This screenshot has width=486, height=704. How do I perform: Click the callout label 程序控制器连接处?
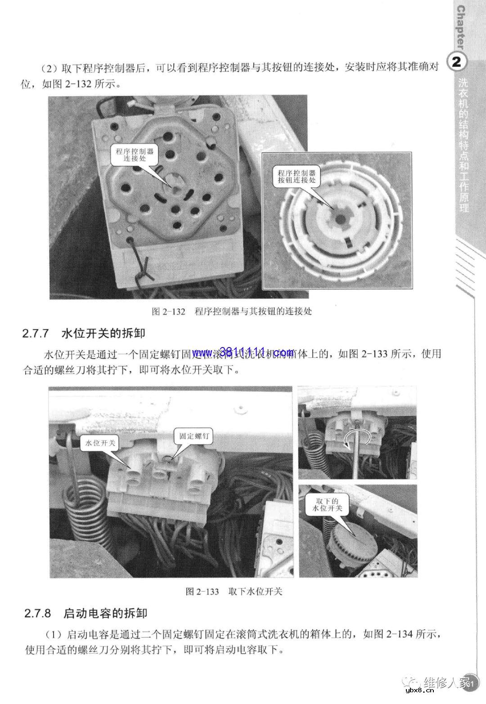(135, 155)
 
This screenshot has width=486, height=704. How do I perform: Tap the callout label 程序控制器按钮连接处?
(297, 176)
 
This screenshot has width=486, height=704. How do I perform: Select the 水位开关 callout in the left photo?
(100, 443)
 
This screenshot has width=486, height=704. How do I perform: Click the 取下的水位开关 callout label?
(327, 505)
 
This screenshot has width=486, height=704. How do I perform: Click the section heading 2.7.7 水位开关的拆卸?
(84, 334)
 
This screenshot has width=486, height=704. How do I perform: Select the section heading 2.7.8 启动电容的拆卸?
(86, 613)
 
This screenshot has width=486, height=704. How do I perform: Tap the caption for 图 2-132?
(232, 311)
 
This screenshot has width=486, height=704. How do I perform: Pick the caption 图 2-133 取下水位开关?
(234, 591)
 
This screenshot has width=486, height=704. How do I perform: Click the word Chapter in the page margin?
(461, 27)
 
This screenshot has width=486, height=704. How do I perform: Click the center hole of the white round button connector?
(340, 219)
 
